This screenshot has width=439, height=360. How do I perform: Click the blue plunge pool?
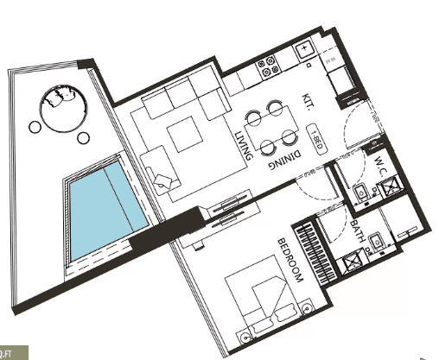[x=99, y=208]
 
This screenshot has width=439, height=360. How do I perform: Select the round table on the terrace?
[x=63, y=107]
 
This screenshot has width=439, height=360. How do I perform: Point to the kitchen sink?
[x=307, y=51]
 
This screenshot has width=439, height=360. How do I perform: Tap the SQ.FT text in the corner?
[x=13, y=352]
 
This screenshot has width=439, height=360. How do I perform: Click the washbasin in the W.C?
[x=359, y=192]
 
